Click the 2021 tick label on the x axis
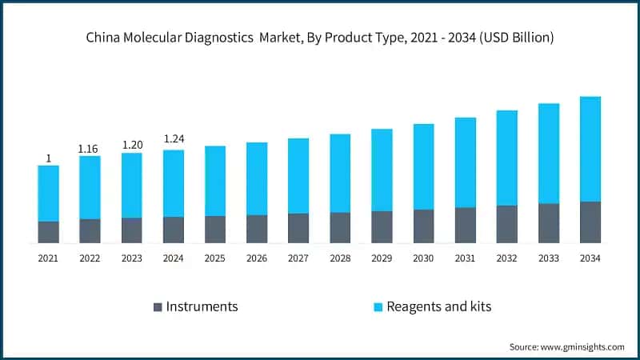[48, 258]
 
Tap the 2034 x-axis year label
[590, 258]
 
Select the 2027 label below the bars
[298, 258]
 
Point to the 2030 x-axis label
[423, 258]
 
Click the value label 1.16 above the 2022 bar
[90, 149]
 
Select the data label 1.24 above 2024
[174, 139]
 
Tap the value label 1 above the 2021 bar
[48, 158]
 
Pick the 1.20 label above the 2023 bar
[132, 145]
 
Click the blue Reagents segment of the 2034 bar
[590, 149]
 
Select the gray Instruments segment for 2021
[48, 232]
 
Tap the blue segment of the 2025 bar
[215, 181]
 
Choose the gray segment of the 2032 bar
[507, 224]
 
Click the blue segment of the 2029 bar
[382, 170]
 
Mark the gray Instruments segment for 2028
[340, 227]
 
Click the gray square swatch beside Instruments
[158, 306]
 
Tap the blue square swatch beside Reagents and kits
[376, 306]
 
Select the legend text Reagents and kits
[438, 306]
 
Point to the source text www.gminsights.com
[583, 346]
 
